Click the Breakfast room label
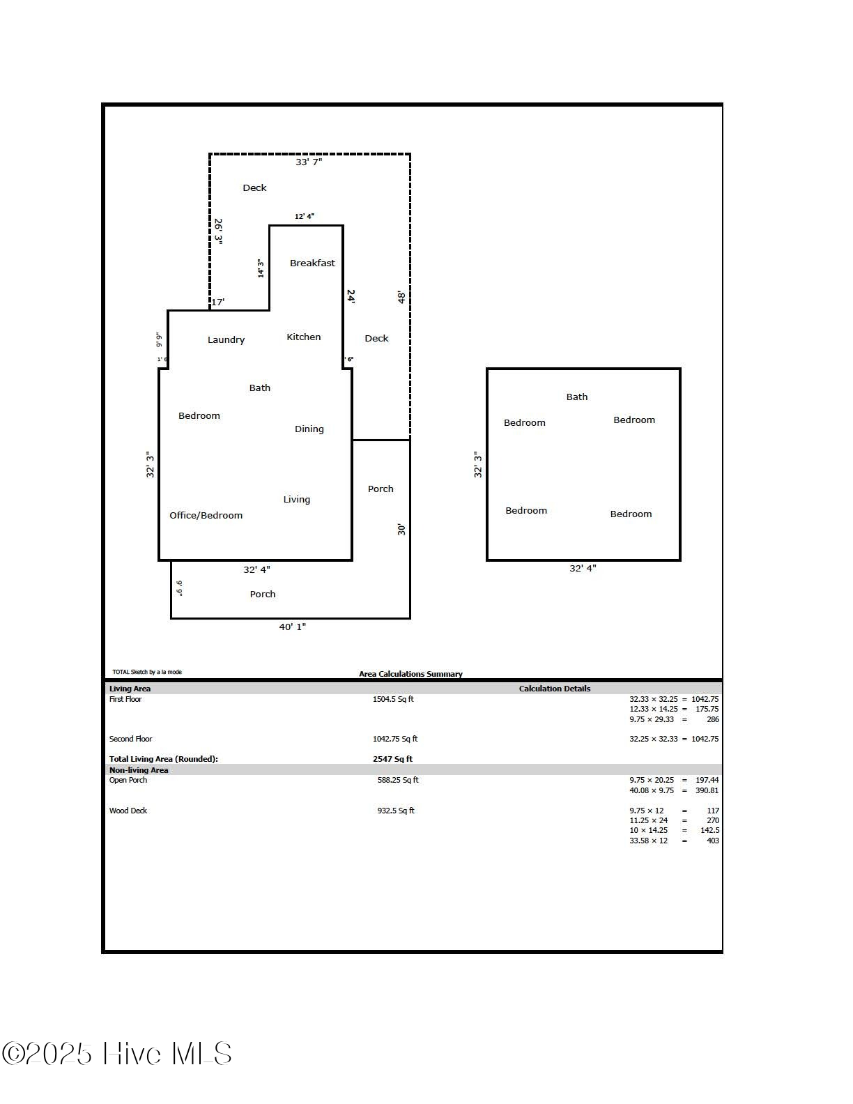(312, 263)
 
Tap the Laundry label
(226, 339)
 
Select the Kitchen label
(304, 337)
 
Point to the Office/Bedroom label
(206, 515)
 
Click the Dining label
(309, 429)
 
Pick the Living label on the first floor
(296, 499)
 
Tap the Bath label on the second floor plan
(576, 397)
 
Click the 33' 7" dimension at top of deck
(309, 162)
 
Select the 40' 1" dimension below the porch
(292, 627)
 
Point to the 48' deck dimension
(401, 298)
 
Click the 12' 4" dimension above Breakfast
(304, 216)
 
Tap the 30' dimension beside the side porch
(401, 530)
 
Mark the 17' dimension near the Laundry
(218, 302)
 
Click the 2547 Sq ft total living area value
(392, 759)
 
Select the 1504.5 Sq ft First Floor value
(393, 699)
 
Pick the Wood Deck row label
(128, 811)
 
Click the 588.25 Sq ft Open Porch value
(398, 780)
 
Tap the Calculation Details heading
(554, 689)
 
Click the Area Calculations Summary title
(410, 674)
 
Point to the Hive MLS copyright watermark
(117, 1053)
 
